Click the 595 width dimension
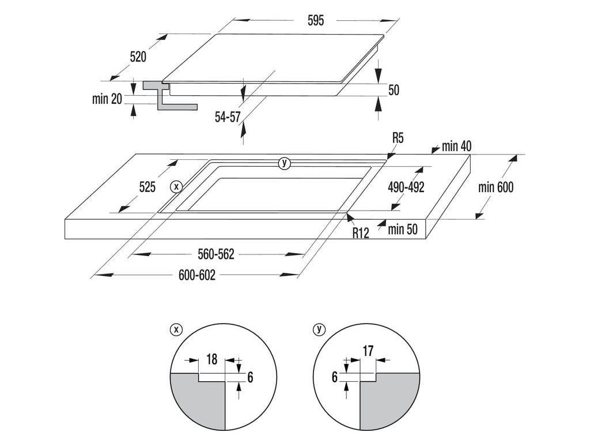pyautogui.click(x=316, y=21)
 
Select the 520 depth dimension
pyautogui.click(x=138, y=57)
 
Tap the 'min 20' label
pyautogui.click(x=107, y=99)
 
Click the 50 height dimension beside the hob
pyautogui.click(x=394, y=90)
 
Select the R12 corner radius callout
pyautogui.click(x=361, y=232)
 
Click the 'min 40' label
pyautogui.click(x=457, y=146)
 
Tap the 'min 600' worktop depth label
pyautogui.click(x=496, y=187)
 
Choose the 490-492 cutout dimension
pyautogui.click(x=406, y=187)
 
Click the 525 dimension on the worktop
pyautogui.click(x=147, y=187)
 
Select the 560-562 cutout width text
pyautogui.click(x=215, y=254)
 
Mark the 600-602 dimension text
pyautogui.click(x=197, y=276)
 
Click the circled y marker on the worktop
pyautogui.click(x=283, y=163)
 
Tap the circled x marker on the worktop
pyautogui.click(x=176, y=186)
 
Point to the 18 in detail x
pyautogui.click(x=211, y=361)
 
